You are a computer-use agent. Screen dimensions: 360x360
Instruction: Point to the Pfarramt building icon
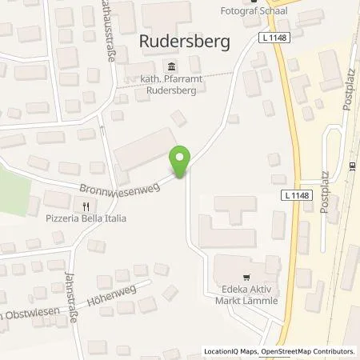(170, 66)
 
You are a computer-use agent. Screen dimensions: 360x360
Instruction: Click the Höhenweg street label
(112, 296)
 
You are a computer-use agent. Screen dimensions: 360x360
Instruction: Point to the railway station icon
(353, 166)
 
